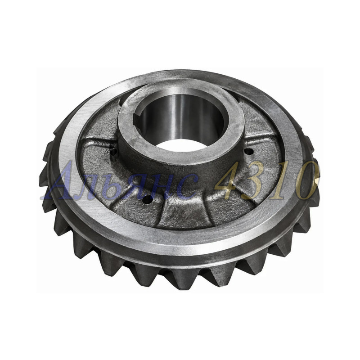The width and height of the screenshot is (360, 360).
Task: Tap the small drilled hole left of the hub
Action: click(x=114, y=152)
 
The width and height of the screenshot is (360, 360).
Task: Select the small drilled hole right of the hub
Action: click(x=249, y=151)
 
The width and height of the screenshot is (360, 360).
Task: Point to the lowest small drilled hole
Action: click(x=147, y=199)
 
